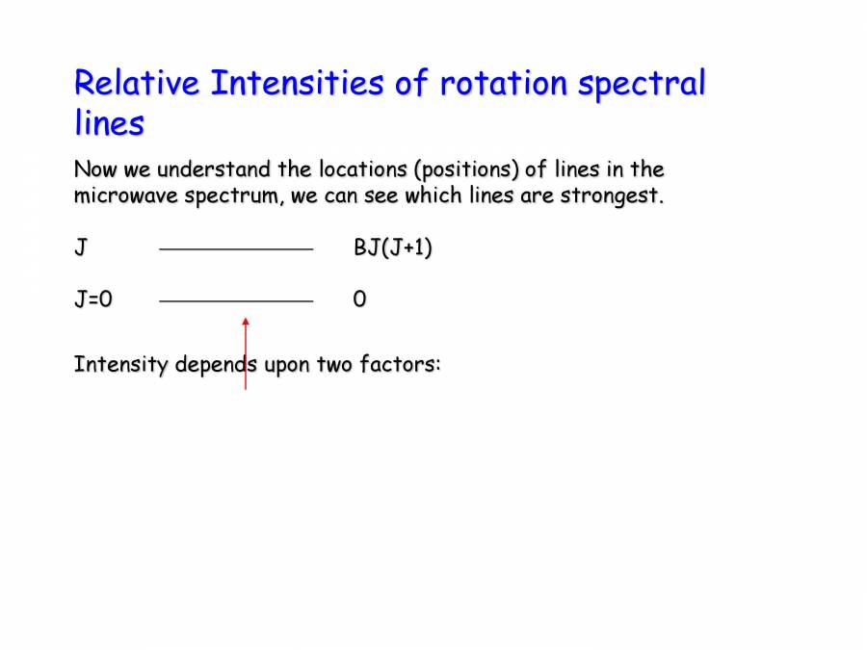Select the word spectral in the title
coord(642,85)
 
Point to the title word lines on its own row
coord(109,123)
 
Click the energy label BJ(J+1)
coord(393,248)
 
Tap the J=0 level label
coord(93,299)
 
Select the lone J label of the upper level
coord(81,248)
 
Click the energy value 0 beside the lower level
coord(359,299)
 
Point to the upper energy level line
coord(236,249)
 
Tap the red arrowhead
coord(246,322)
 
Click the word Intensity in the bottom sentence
coord(121,366)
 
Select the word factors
coord(400,366)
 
